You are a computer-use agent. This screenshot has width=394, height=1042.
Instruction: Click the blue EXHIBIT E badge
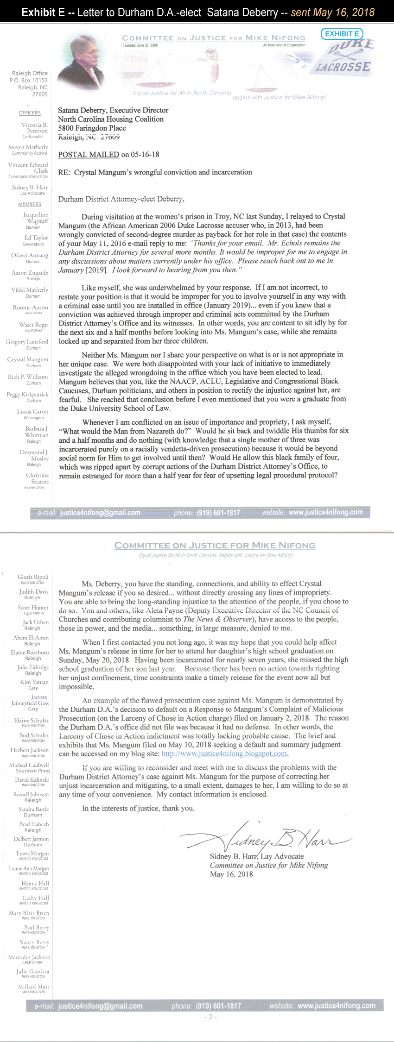click(x=342, y=34)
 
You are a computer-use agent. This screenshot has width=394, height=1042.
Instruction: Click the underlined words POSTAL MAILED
click(x=89, y=154)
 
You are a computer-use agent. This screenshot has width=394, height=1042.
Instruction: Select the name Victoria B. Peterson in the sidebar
click(x=34, y=128)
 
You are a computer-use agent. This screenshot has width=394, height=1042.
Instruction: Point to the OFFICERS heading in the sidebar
click(x=30, y=113)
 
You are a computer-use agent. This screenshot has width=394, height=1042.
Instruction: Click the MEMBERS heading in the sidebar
click(x=30, y=204)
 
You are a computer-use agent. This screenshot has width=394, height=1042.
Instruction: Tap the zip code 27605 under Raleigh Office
click(x=39, y=94)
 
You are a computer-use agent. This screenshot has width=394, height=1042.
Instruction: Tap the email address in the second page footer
click(x=100, y=1006)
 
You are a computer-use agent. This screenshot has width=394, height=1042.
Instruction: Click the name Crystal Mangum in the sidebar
click(x=28, y=359)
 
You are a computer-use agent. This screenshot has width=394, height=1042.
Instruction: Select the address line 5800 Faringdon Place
click(x=92, y=128)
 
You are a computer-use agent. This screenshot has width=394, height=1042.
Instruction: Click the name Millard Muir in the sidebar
click(x=33, y=987)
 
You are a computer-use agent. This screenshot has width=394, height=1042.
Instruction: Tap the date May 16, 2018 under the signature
click(x=231, y=874)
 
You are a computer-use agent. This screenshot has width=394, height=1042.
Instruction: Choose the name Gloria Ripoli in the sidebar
click(x=33, y=577)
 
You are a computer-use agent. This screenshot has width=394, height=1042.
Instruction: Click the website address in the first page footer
click(x=325, y=512)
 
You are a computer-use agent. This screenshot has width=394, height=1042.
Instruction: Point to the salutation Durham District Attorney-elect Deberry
click(x=121, y=199)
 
